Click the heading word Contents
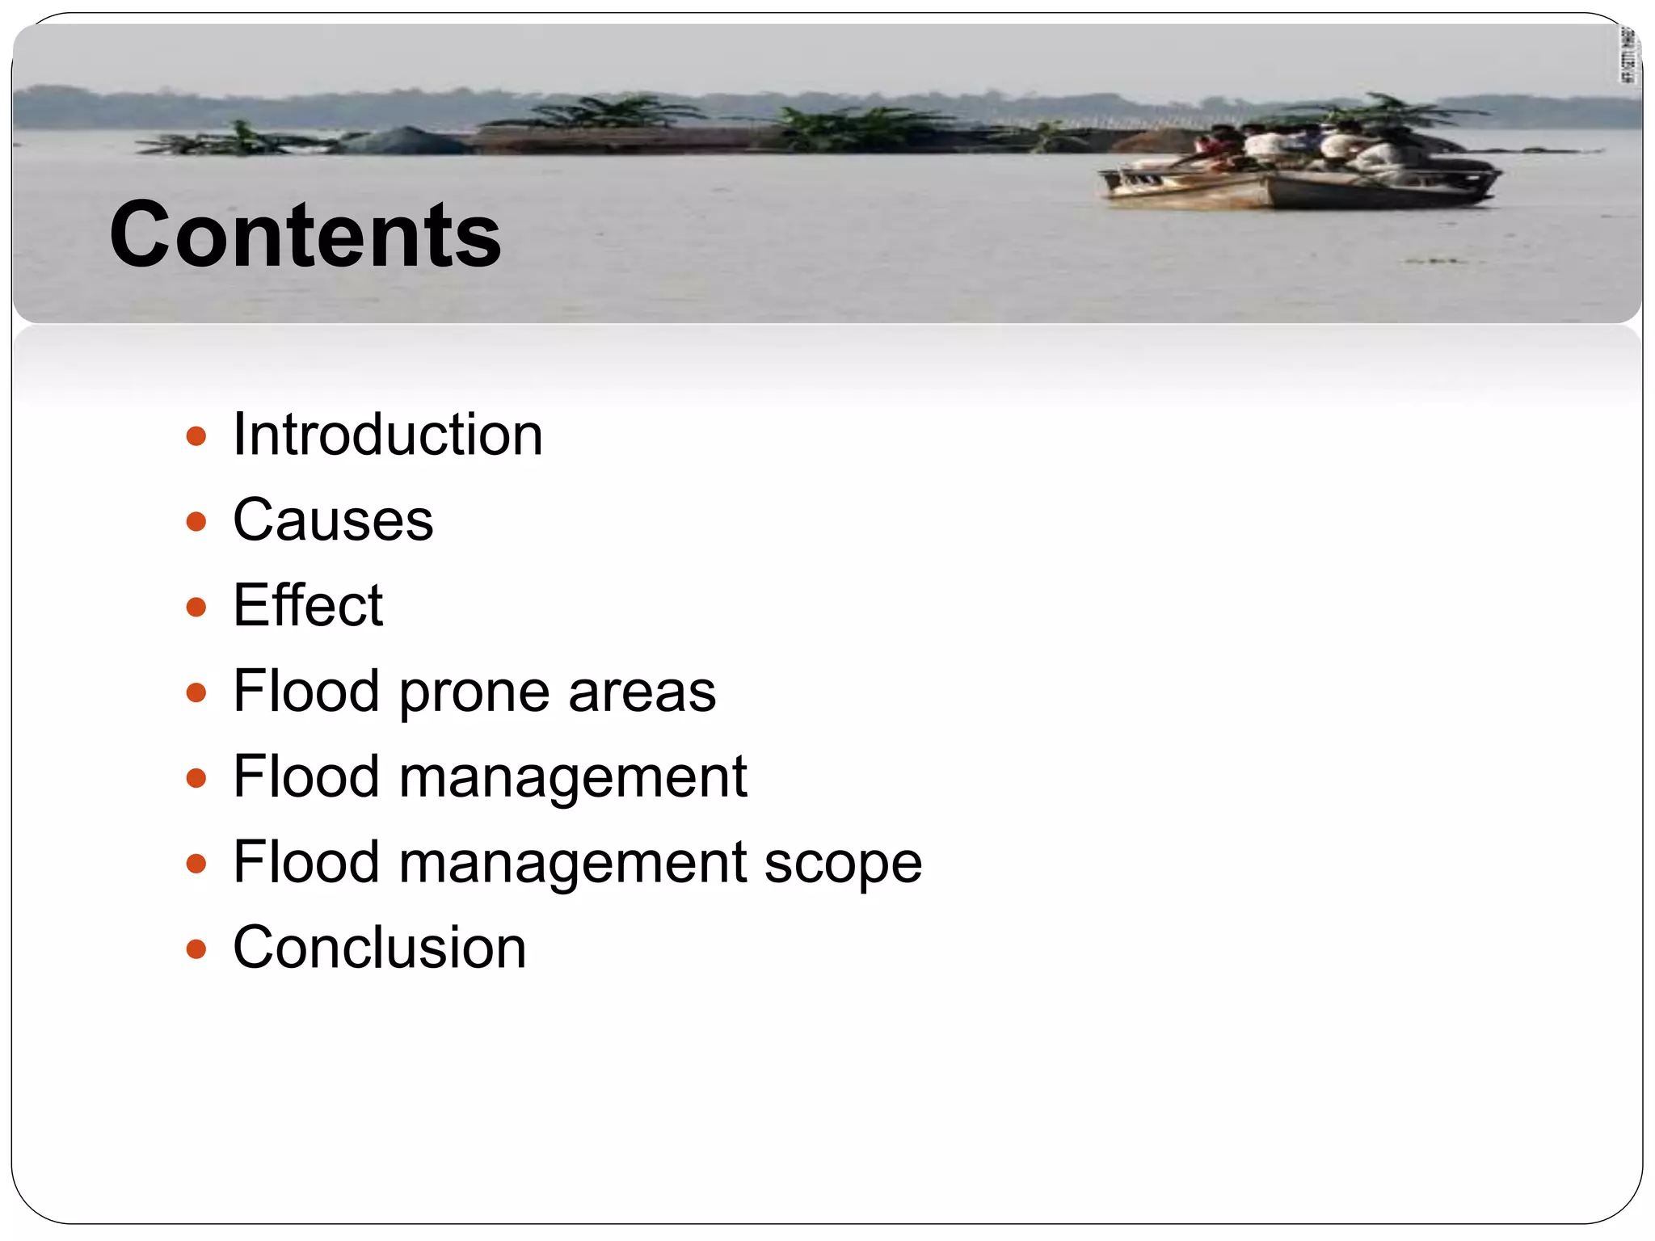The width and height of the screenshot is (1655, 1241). [305, 235]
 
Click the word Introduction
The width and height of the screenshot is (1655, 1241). [388, 435]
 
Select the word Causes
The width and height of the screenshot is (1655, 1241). [333, 520]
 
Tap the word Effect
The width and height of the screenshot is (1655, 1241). [308, 605]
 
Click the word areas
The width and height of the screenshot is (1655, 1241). [642, 692]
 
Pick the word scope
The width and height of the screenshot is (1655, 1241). [843, 864]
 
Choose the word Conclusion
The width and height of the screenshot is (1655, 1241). [380, 948]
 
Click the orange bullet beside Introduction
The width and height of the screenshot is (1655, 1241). [196, 437]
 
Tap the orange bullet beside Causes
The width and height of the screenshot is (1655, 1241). [196, 522]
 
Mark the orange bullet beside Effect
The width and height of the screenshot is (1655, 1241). [196, 607]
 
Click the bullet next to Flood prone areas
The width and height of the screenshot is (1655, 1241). [196, 692]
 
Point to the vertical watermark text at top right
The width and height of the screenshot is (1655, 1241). [1629, 55]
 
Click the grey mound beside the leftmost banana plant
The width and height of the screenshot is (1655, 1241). [404, 141]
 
